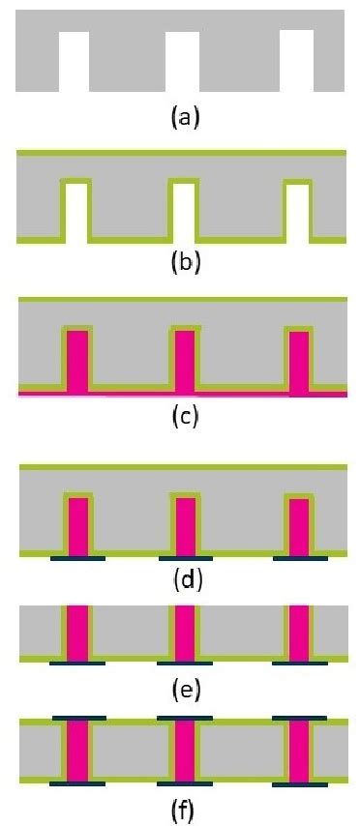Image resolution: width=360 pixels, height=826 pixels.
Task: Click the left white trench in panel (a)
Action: point(74,60)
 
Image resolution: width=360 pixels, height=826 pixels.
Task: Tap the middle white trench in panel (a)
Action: point(182,60)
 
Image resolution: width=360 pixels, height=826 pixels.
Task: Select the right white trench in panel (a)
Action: point(296,60)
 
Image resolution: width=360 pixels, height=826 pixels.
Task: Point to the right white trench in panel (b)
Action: point(298,211)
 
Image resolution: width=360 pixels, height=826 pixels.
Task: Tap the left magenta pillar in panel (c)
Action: point(76,362)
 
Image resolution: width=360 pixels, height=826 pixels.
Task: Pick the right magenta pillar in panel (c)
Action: point(300,362)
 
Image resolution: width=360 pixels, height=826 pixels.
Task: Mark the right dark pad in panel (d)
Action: point(300,558)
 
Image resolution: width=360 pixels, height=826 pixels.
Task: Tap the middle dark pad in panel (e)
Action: point(185,664)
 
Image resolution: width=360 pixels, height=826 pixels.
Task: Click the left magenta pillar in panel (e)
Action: point(77,634)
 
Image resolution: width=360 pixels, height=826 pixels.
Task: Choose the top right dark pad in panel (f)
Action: point(300,720)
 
